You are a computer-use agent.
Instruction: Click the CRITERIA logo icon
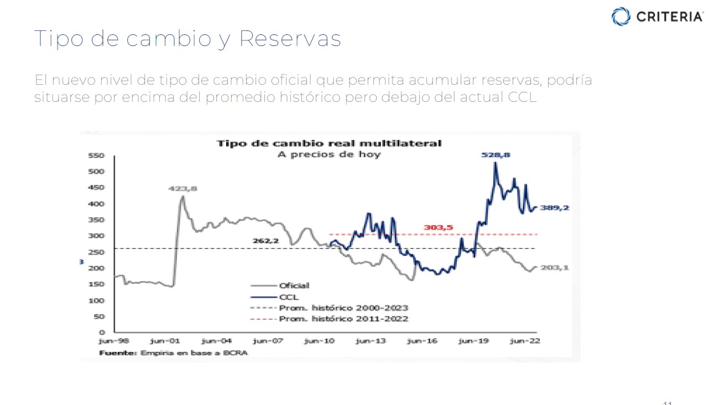(621, 16)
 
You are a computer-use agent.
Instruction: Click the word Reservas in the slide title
(290, 39)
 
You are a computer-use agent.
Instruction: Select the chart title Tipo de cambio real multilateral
(329, 143)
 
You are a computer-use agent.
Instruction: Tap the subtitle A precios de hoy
(329, 154)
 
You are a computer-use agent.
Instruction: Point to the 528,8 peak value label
(496, 155)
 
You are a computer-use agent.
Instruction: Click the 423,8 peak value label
(183, 189)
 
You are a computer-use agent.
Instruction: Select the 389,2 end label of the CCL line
(555, 208)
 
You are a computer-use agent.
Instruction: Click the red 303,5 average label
(439, 227)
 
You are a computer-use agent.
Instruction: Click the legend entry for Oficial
(294, 285)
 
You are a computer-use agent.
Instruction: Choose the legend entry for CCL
(289, 297)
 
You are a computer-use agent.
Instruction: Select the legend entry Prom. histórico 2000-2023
(343, 308)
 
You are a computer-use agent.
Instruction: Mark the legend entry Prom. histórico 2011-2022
(343, 319)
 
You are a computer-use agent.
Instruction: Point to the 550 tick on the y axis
(97, 156)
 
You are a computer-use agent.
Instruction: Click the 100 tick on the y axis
(97, 300)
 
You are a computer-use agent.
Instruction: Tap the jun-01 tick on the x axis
(164, 341)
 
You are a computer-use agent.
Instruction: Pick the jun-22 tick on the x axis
(524, 341)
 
